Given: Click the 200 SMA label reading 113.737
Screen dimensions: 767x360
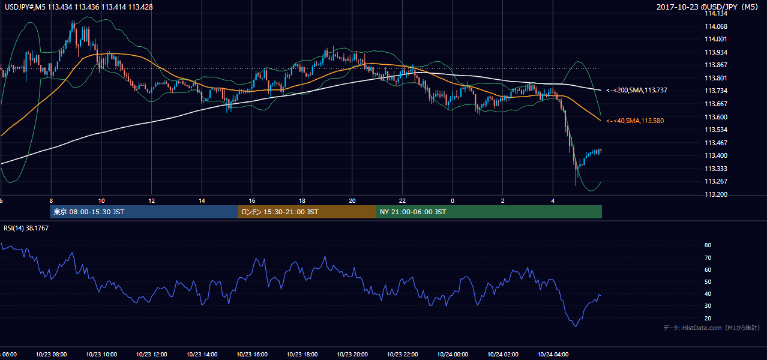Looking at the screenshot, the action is [637, 91].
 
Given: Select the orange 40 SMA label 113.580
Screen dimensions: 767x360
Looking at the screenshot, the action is [635, 121].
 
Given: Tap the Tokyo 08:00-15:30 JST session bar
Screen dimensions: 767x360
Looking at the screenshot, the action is [144, 212].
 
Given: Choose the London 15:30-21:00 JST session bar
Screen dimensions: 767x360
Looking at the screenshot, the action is [307, 212].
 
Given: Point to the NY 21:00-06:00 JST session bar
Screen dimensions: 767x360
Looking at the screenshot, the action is [489, 212].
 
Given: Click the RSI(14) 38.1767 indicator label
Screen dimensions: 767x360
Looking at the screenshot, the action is [26, 228].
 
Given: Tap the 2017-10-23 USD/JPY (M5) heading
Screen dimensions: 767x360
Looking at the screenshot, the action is [707, 7].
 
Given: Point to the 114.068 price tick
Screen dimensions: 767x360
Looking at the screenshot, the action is [715, 26].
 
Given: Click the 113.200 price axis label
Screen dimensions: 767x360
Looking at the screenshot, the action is [715, 194].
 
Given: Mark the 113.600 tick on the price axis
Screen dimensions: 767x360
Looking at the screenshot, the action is [715, 117].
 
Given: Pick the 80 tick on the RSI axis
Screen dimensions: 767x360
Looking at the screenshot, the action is [708, 245].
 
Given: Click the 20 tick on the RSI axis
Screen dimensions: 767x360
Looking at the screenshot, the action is [708, 318].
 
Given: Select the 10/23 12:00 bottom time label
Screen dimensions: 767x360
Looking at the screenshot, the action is [151, 355].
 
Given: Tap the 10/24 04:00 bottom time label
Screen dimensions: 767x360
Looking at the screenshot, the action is [553, 355].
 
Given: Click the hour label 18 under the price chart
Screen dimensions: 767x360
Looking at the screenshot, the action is [302, 201].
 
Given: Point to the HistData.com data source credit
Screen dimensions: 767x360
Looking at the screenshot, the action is [712, 328].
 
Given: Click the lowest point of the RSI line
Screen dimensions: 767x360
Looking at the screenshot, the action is [576, 326].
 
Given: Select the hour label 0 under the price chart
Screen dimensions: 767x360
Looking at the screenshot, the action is [453, 201].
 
